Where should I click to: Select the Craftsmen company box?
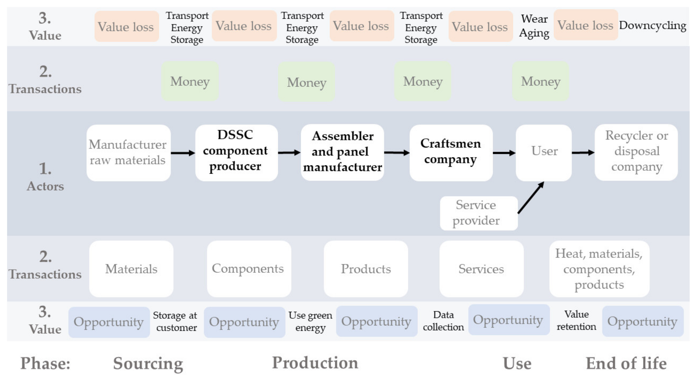point(451,153)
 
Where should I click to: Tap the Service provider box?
point(478,213)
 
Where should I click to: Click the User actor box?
point(544,153)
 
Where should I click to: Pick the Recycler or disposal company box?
point(636,152)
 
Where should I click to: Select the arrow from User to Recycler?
point(583,153)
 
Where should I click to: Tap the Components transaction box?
point(248,269)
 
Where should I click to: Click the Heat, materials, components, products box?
point(599,269)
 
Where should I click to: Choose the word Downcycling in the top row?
point(652,25)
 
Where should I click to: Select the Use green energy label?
point(310,321)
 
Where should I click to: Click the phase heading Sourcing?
point(148,363)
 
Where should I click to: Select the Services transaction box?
point(481,269)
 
